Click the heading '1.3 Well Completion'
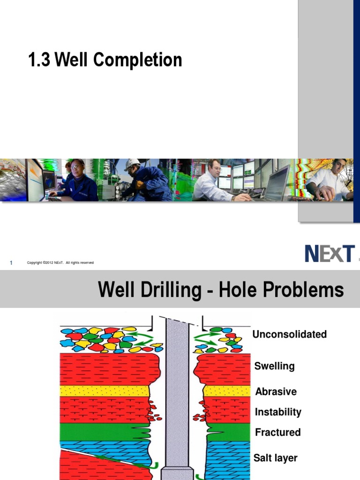(x=105, y=60)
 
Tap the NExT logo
(x=330, y=254)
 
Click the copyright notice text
(x=60, y=262)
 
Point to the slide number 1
(x=11, y=262)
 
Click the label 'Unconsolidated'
(x=289, y=334)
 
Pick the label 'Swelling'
(x=274, y=366)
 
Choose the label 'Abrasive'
(x=276, y=391)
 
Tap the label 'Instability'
(x=278, y=412)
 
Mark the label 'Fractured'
(x=277, y=432)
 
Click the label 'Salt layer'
(x=275, y=458)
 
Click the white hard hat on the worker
(x=132, y=164)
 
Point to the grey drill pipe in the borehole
(x=177, y=389)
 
